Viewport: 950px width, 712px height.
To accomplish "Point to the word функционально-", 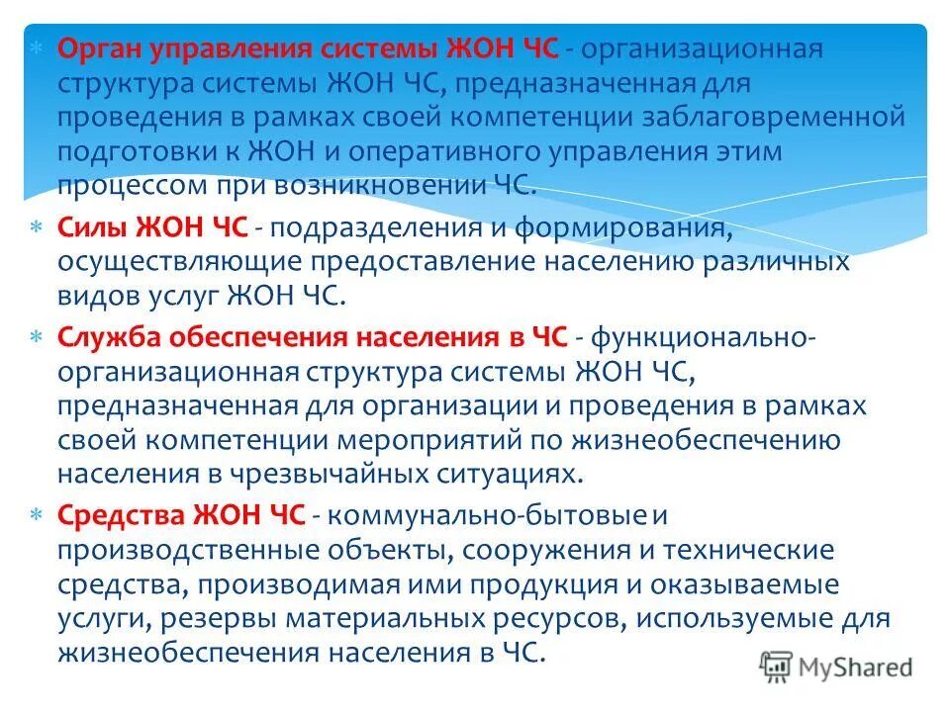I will coord(703,337).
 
